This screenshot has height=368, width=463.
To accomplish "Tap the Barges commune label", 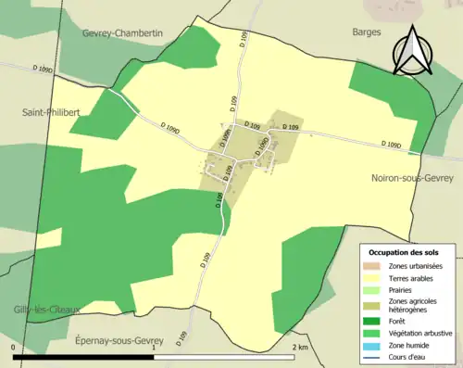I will point(367,32).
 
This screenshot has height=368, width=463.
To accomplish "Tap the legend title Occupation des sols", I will point(404,252).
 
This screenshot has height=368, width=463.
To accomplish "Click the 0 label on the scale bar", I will point(14,347).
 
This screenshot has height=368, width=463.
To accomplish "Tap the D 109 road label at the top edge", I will point(243,39).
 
